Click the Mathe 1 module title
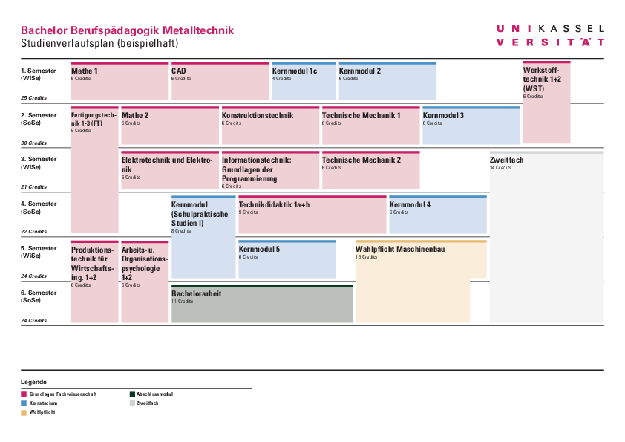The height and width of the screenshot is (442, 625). point(85,71)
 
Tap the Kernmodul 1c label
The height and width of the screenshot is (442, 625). point(295,71)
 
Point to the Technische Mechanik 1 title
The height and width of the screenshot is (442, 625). point(361,116)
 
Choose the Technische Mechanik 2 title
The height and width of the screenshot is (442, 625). point(361,160)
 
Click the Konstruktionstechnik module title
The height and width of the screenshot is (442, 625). point(258,116)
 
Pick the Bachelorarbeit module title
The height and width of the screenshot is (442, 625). point(197,293)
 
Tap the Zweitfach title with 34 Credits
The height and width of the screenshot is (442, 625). point(508,160)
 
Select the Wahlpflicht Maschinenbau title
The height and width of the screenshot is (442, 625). point(400,249)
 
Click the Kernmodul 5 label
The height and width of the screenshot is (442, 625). point(259,249)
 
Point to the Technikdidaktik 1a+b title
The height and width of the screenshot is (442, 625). point(274,204)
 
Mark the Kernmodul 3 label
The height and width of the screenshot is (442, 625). point(443,116)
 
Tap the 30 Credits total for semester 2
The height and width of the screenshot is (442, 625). point(33,143)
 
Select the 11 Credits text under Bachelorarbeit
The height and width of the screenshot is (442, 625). point(183,302)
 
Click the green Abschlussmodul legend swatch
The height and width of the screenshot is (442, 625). point(132,394)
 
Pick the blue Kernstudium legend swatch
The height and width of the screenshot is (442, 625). point(24,403)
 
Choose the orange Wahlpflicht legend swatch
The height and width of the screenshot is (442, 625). point(24,412)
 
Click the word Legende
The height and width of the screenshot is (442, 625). point(33,381)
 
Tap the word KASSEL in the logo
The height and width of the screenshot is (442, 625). point(571,28)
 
